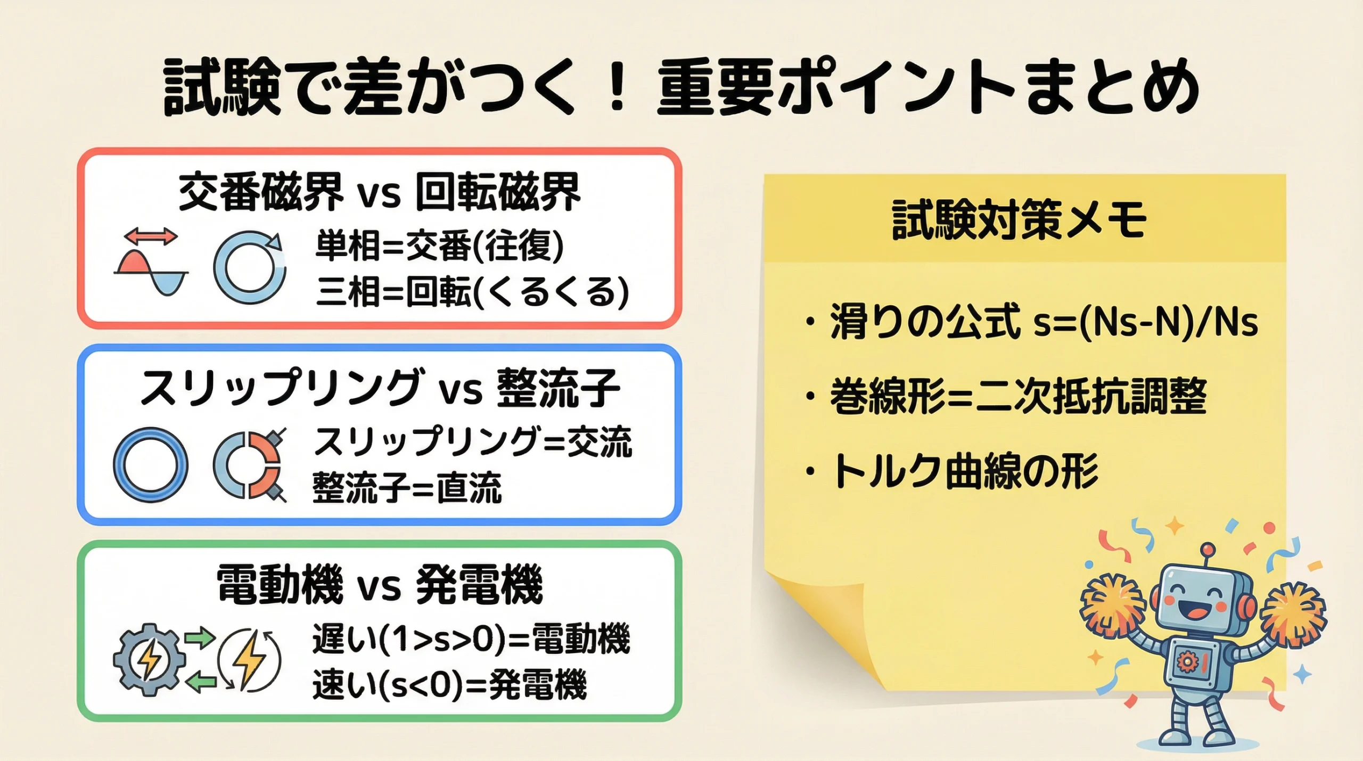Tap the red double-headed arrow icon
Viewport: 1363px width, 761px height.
[151, 236]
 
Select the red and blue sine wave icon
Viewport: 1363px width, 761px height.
[151, 273]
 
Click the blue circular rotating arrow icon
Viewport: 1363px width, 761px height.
[250, 267]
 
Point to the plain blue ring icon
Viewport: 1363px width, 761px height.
[151, 464]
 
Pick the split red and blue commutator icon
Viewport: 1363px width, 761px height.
[249, 464]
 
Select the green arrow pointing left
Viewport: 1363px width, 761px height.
[200, 682]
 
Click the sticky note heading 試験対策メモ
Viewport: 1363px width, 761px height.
[1019, 219]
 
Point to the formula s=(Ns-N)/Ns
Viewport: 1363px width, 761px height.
[1145, 322]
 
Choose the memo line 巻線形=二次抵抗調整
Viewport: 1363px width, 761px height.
[1018, 397]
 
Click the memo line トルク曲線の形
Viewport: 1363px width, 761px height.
[965, 471]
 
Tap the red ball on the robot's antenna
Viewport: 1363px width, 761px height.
[1208, 549]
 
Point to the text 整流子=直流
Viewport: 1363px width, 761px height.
[407, 488]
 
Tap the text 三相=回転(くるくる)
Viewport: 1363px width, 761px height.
[472, 292]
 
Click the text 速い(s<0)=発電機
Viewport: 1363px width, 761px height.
[449, 685]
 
